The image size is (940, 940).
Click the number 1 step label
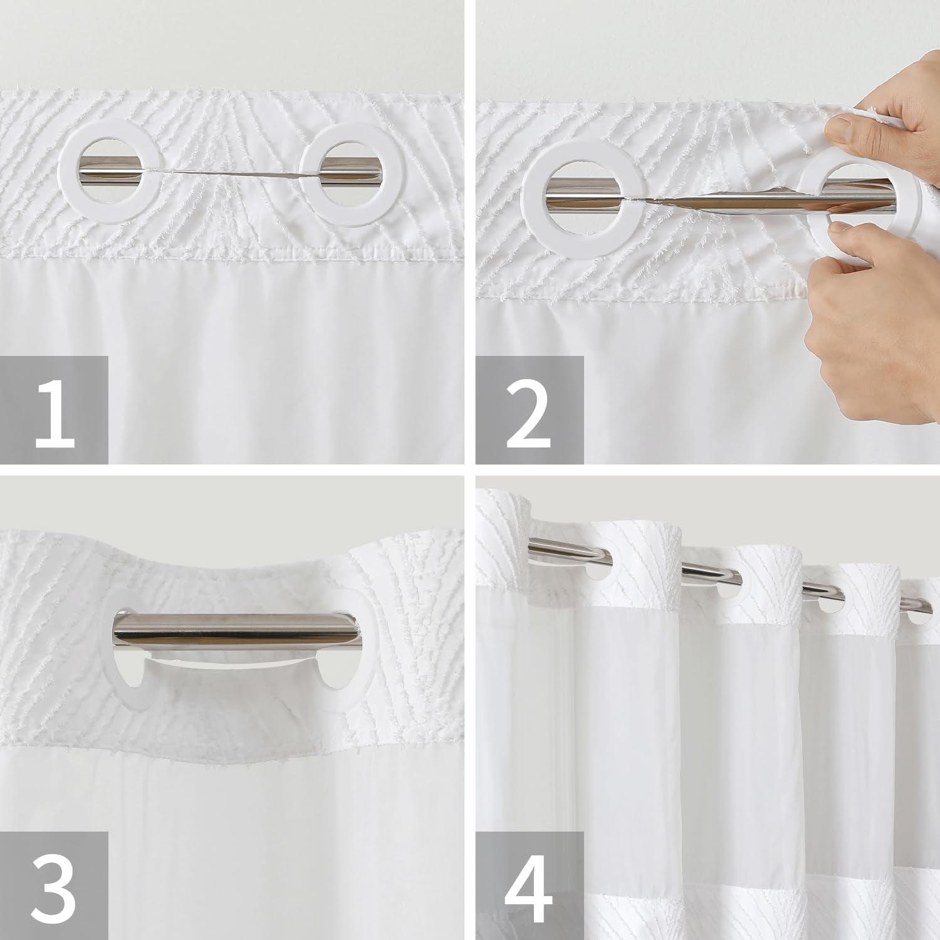pos(55,410)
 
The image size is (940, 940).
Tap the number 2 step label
pos(530,410)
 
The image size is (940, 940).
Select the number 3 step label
pos(55,885)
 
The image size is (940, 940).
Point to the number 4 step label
pos(530,885)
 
